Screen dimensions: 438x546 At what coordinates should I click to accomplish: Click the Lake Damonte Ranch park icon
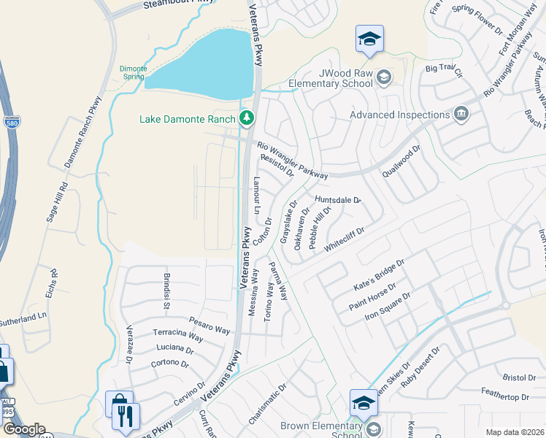(247, 118)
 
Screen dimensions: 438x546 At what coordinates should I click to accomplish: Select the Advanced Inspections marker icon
(461, 114)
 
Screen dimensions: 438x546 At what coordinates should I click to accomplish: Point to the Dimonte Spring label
(134, 72)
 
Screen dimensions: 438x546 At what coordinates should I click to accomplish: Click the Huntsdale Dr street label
(338, 199)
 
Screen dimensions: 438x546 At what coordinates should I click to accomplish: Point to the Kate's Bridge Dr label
(378, 272)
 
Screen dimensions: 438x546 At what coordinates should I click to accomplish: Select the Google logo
(24, 429)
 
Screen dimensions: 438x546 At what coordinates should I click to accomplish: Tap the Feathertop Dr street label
(504, 396)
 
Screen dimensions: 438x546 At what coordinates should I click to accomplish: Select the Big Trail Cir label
(444, 70)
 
